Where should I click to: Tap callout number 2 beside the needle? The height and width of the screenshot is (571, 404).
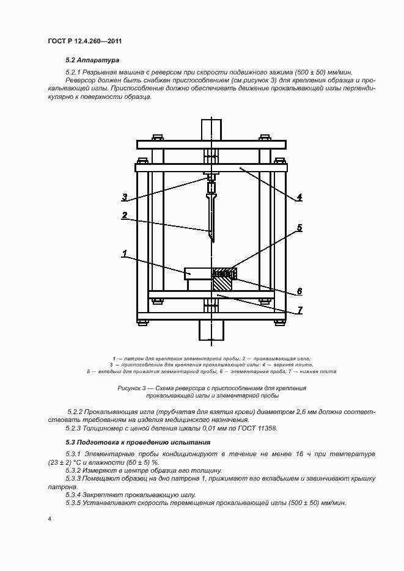[x=124, y=215]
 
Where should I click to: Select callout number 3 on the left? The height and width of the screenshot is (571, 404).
[x=124, y=197]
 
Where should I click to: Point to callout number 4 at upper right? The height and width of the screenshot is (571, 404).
[x=299, y=197]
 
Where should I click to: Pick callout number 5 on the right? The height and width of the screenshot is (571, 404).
[x=299, y=228]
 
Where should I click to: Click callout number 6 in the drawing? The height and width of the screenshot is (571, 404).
[x=299, y=291]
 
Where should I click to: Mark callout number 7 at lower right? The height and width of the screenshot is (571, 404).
[x=299, y=310]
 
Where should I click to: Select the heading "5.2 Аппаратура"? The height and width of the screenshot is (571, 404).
[x=92, y=60]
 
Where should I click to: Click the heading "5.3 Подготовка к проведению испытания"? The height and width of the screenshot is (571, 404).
[x=138, y=442]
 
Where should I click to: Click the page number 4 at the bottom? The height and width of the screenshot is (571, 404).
[x=50, y=518]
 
